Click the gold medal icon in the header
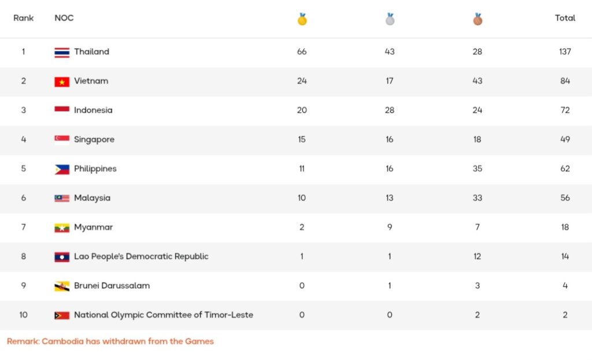coord(302,19)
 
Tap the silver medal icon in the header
coord(390,19)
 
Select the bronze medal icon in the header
coord(477,19)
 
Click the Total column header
coord(565,18)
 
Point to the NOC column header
coord(64,18)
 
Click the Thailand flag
coord(62,52)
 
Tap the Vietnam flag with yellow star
coord(62,81)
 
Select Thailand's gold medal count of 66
coord(302,52)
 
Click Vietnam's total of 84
coord(565,81)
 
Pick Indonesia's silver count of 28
coord(390,110)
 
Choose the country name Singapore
coord(94,139)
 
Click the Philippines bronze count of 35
coord(477,169)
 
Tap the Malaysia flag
coord(62,198)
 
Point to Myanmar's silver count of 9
coord(390,227)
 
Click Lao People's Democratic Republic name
coord(141,257)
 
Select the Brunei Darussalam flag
coord(62,286)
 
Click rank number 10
coord(24,315)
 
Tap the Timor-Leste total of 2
coord(565,315)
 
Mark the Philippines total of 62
coord(565,169)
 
